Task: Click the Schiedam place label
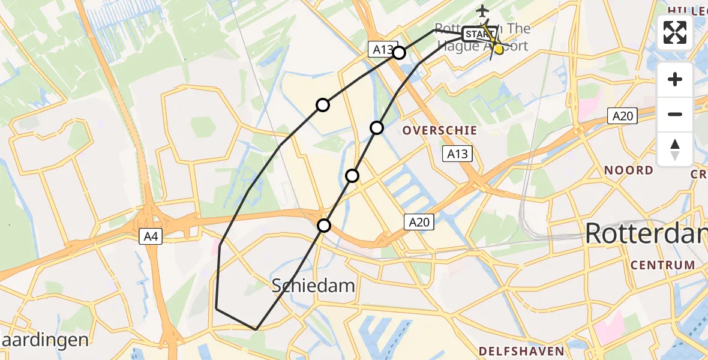pos(313,286)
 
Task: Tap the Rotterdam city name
pos(646,233)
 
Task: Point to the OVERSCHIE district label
pos(440,130)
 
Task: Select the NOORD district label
pos(628,170)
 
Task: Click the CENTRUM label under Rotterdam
pos(662,265)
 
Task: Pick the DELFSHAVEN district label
pos(521,351)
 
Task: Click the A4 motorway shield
pos(151,237)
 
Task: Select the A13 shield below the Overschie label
pos(457,154)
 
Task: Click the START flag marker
pos(478,33)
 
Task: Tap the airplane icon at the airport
pos(482,11)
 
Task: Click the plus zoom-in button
pos(675,79)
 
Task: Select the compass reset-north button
pos(675,149)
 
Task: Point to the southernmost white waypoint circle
pos(324,226)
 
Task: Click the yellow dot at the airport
pos(498,49)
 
